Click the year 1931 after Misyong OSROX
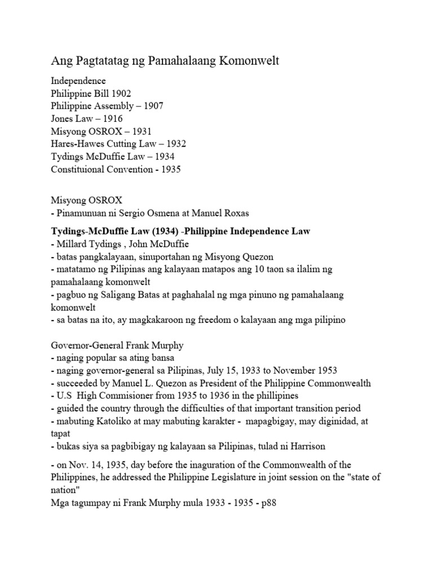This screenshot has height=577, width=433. [140, 131]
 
